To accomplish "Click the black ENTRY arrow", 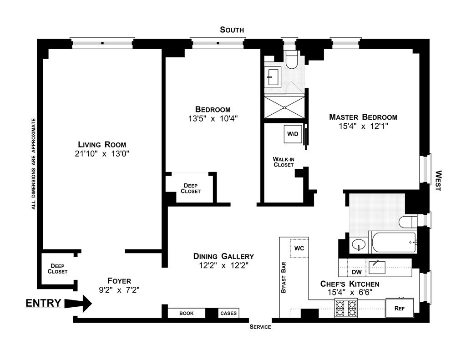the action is click(x=78, y=304).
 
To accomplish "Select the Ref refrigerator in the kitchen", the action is click(x=399, y=308).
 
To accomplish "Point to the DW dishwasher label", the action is click(x=357, y=272).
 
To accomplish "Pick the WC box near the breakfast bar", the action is click(x=299, y=248).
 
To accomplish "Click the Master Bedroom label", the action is click(x=363, y=117).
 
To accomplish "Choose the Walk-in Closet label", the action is click(x=283, y=162).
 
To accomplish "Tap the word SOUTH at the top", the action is click(x=232, y=30).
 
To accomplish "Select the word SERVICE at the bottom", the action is click(x=260, y=327).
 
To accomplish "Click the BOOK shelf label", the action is click(x=186, y=313).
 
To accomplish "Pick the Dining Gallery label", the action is click(x=223, y=256).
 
